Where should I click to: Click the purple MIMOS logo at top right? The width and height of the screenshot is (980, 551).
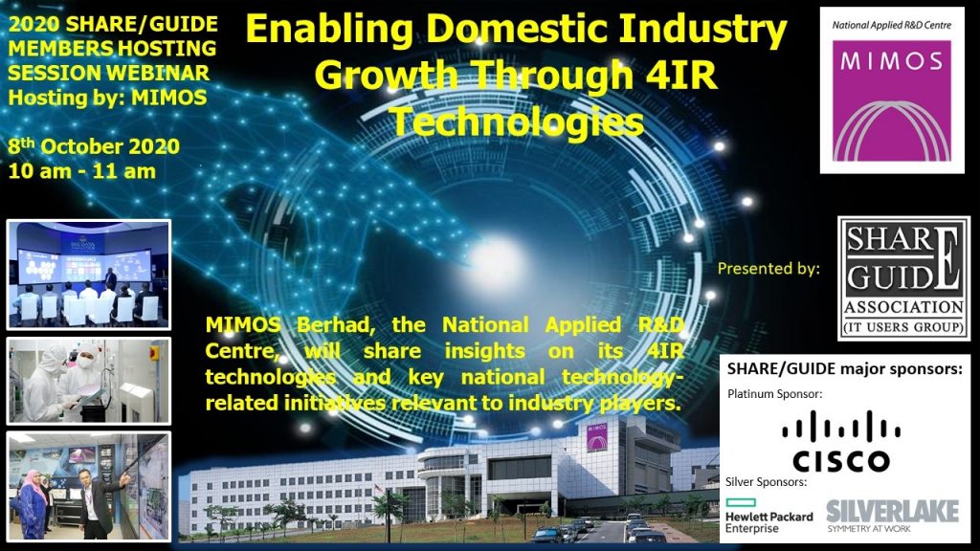(892, 100)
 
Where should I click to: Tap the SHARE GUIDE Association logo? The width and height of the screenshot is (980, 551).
(903, 278)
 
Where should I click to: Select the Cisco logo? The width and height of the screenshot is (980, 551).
(841, 441)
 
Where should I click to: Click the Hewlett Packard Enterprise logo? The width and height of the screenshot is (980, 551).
(768, 516)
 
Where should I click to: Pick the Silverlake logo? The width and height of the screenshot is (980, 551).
(893, 516)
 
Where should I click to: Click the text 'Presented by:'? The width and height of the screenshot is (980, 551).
(768, 269)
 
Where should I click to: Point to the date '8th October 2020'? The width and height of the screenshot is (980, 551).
(94, 146)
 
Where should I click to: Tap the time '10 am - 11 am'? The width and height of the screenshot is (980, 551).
(82, 171)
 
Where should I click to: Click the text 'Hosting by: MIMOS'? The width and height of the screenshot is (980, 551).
(107, 98)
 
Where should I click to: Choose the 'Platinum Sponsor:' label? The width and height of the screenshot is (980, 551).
(774, 394)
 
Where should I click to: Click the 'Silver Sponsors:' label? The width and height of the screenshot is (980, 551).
(766, 482)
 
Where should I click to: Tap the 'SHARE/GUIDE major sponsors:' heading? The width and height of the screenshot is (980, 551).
(844, 369)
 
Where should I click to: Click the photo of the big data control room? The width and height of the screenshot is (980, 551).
(88, 275)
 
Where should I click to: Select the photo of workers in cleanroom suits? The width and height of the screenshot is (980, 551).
(88, 381)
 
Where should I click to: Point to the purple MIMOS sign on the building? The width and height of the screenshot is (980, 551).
(596, 437)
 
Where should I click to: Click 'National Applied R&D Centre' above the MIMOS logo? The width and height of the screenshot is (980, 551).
(891, 25)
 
